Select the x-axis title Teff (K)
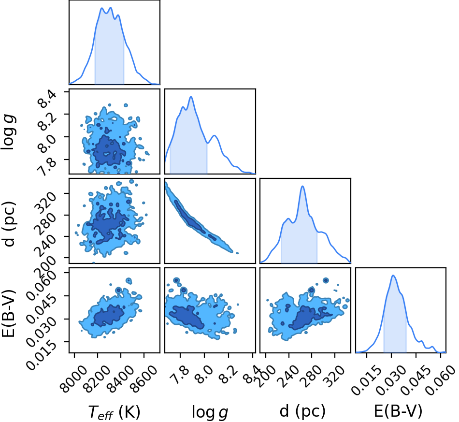tap(114, 412)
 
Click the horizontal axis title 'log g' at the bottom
tap(210, 412)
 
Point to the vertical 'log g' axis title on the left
tap(9, 132)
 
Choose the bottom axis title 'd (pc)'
tap(302, 411)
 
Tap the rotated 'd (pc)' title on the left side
tap(9, 224)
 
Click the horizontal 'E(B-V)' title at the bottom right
tap(398, 411)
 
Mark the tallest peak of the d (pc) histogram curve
tap(302, 186)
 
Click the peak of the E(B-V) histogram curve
tap(393, 275)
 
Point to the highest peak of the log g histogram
tap(191, 97)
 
